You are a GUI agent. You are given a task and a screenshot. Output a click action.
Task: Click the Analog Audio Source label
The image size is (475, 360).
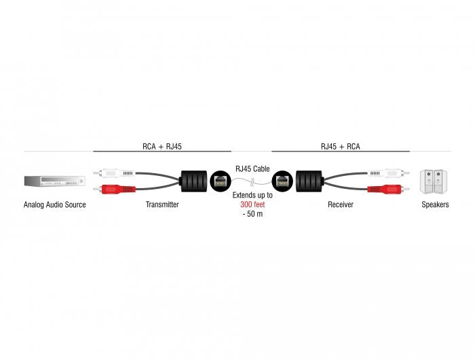[x=54, y=204]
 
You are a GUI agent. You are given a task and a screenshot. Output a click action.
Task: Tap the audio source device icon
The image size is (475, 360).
[x=54, y=181]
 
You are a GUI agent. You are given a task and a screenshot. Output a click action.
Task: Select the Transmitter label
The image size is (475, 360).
[x=161, y=204]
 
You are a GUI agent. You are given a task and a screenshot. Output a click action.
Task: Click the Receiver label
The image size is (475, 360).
[x=340, y=204]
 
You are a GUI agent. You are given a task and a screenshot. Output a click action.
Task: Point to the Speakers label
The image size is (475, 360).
[x=434, y=204]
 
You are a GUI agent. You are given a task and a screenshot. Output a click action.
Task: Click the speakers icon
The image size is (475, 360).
[x=434, y=181]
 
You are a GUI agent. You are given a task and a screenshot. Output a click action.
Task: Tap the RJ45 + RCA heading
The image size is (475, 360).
[x=340, y=145]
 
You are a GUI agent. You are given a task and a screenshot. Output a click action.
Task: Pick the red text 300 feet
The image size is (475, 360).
[x=252, y=204]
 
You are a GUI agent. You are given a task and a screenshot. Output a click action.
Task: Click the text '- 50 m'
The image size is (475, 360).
[x=252, y=215]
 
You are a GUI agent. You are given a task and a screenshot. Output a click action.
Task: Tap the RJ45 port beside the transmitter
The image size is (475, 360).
[x=221, y=181]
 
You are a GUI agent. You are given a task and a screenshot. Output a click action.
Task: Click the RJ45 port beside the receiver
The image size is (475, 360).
[x=282, y=181]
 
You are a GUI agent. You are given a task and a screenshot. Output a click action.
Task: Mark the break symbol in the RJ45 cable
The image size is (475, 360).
[x=252, y=181]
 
